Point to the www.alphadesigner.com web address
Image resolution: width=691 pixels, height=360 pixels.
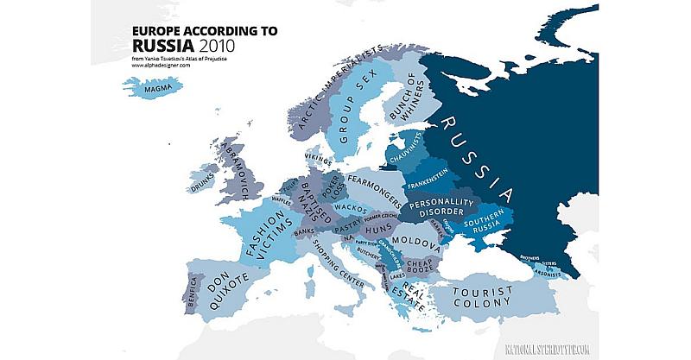coord(161,66)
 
